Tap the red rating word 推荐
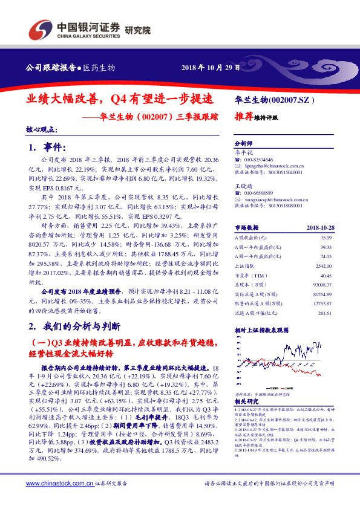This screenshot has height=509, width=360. pos(244,118)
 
